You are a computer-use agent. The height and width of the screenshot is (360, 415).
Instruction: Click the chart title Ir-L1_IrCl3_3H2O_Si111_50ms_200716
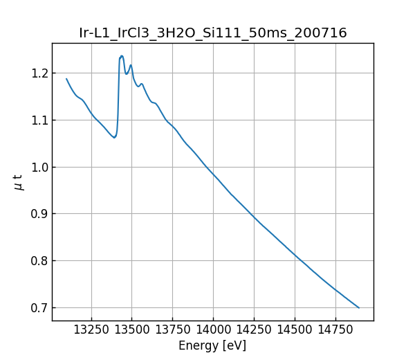(213, 33)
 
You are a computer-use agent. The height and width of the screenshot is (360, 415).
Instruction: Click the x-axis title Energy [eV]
(212, 345)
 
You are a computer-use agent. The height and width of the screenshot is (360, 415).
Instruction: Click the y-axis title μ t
(19, 182)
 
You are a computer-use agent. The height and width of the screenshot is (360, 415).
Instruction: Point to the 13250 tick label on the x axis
(91, 330)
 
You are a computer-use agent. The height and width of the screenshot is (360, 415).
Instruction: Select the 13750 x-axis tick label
(172, 330)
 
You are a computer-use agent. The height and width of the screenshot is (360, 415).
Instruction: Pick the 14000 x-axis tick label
(213, 330)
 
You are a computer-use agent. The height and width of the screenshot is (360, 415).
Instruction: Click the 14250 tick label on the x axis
(254, 330)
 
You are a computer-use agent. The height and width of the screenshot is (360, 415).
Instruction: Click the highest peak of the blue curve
(122, 56)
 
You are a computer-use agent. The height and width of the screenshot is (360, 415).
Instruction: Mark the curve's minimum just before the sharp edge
(114, 137)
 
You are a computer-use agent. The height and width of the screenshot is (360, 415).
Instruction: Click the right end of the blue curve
(359, 307)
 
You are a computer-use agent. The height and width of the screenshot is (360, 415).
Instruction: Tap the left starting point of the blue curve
(66, 78)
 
